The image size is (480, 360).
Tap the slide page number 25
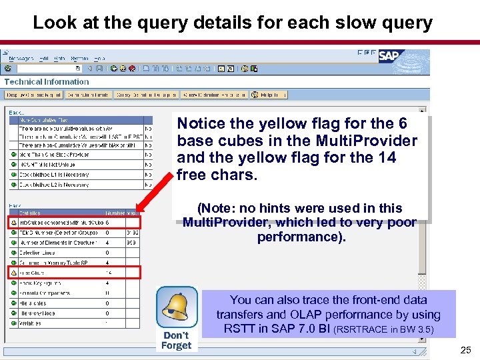(465, 350)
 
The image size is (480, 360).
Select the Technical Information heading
(47, 82)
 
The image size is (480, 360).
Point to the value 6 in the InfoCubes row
(107, 223)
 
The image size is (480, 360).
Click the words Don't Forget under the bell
(176, 340)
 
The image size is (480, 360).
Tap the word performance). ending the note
(301, 237)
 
